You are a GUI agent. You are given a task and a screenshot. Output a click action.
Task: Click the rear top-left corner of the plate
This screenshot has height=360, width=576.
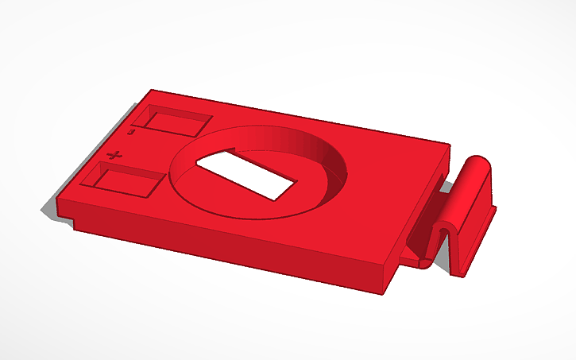pyautogui.click(x=152, y=91)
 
